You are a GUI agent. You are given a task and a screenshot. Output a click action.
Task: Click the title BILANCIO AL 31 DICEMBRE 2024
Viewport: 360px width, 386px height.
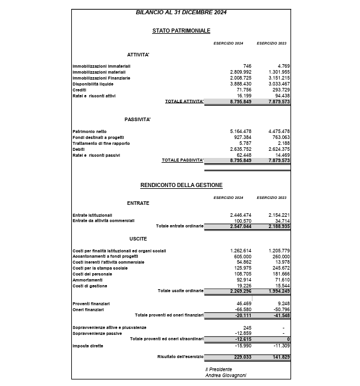pos(181,12)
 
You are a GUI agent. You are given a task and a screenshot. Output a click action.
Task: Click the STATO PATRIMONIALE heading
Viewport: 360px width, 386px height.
pos(181,30)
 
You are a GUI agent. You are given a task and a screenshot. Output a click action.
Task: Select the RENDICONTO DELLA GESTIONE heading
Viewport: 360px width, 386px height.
pos(181,185)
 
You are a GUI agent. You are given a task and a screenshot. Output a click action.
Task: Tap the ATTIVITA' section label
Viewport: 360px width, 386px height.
pos(138,55)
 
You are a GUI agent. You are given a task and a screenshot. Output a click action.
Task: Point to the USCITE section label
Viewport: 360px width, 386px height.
pos(138,238)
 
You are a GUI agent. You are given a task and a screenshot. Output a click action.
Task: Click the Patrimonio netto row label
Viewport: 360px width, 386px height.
pos(90,131)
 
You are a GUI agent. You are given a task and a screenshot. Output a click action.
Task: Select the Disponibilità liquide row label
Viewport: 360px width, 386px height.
pos(93,84)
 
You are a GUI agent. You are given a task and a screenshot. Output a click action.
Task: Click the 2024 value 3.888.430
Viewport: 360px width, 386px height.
pos(241,84)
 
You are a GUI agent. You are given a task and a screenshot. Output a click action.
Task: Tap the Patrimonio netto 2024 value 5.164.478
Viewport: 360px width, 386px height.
pos(241,131)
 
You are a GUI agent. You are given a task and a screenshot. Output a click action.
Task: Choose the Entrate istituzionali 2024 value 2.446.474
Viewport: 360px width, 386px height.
pos(241,214)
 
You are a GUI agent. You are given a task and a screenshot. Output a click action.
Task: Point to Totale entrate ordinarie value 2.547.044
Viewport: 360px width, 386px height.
pos(241,226)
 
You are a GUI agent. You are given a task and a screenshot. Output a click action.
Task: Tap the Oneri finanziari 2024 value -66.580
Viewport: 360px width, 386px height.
pos(243,309)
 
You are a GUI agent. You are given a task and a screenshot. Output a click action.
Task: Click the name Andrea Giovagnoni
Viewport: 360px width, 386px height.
pos(225,375)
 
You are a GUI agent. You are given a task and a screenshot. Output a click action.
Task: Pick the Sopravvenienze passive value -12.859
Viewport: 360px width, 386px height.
pos(243,333)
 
